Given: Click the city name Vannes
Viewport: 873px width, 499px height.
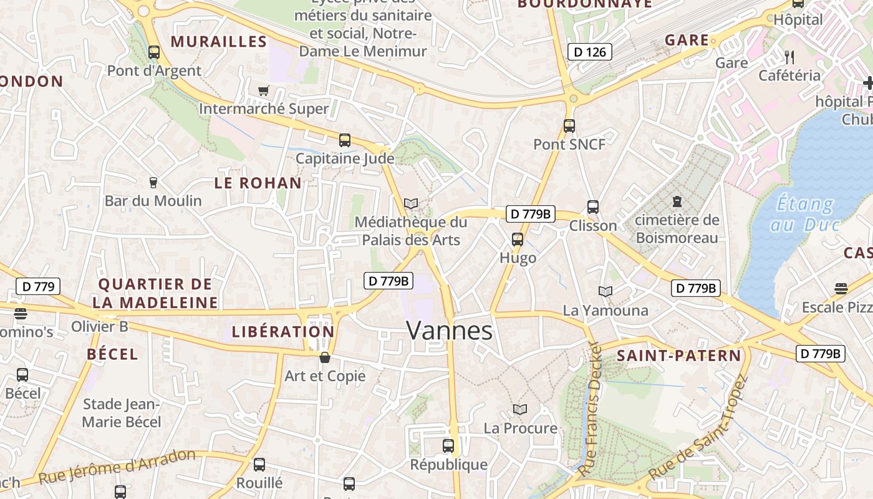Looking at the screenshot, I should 449,331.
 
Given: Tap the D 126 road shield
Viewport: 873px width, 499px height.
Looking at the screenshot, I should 589,52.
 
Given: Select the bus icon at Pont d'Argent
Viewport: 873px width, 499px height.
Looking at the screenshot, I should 154,52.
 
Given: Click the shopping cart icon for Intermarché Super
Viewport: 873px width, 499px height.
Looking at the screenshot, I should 263,91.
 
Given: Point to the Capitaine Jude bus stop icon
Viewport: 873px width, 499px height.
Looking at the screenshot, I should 345,140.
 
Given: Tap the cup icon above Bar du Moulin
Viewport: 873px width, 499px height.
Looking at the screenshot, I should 153,183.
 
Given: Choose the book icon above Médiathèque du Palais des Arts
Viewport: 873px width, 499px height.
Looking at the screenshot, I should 410,203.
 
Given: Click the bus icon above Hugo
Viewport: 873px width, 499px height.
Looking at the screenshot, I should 517,239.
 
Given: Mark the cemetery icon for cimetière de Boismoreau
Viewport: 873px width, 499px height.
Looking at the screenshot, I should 677,201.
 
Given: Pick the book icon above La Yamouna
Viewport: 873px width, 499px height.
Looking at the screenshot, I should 605,291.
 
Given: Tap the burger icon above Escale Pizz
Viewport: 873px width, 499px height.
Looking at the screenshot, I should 841,289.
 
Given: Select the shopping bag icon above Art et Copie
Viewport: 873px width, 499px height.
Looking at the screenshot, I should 324,357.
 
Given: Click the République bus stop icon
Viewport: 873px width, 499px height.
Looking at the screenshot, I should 448,446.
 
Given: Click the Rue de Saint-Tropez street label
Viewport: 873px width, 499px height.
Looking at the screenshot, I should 698,430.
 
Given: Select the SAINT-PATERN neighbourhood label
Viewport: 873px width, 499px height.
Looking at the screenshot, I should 679,356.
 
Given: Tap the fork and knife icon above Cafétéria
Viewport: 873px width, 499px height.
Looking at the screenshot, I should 789,57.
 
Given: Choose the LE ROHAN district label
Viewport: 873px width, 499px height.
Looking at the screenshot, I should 258,183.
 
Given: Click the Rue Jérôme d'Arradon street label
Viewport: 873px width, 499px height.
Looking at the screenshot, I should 117,467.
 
